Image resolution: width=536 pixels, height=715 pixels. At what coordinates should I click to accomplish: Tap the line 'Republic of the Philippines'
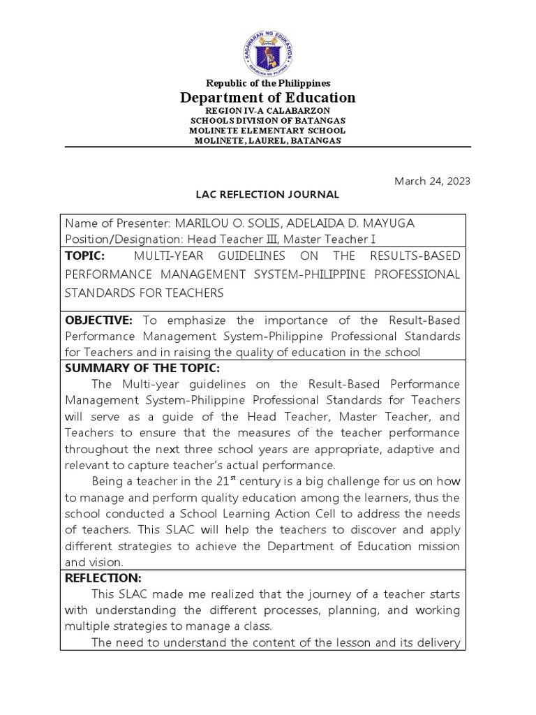[268, 83]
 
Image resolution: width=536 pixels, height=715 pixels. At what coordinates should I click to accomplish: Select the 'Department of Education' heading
[268, 98]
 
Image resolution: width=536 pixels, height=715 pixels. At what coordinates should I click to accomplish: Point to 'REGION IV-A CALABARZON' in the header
[268, 111]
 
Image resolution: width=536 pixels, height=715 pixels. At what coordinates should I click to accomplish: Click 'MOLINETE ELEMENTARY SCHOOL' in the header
[268, 131]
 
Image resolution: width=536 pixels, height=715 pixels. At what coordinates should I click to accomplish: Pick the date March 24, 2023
[433, 181]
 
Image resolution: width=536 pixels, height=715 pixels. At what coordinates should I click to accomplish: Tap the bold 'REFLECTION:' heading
[103, 578]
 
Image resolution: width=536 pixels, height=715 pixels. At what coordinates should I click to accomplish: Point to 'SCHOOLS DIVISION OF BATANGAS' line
[268, 121]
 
